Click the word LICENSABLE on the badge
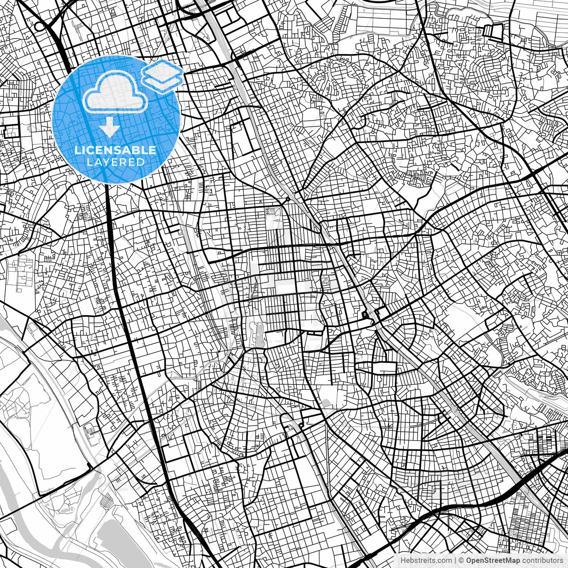pos(115,150)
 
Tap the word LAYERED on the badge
pos(115,162)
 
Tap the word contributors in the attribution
pos(542,561)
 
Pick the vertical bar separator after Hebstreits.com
pos(454,561)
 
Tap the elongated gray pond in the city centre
pos(258,335)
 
